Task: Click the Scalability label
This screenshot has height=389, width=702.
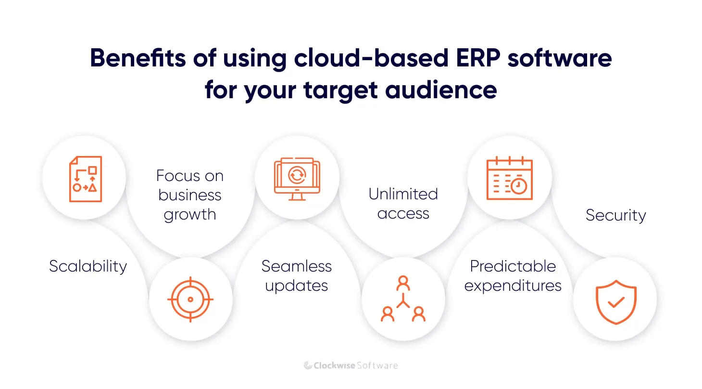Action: (x=88, y=266)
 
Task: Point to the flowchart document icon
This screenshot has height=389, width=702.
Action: (x=85, y=179)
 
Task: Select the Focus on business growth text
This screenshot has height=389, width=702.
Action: (x=190, y=195)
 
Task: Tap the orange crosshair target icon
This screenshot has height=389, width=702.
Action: (x=190, y=299)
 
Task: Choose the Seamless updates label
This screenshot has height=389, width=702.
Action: (x=297, y=276)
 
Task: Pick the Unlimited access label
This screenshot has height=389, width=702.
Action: (x=403, y=204)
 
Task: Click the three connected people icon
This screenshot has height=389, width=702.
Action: (x=403, y=299)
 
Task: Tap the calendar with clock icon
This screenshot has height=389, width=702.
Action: (x=509, y=179)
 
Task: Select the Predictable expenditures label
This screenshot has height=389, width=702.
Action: (x=513, y=276)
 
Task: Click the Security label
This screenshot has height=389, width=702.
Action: (x=615, y=215)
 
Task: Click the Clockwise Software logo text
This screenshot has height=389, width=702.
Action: (x=351, y=365)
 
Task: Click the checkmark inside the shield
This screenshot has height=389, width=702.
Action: (x=616, y=302)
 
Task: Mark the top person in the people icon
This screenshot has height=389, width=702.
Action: (x=403, y=284)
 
